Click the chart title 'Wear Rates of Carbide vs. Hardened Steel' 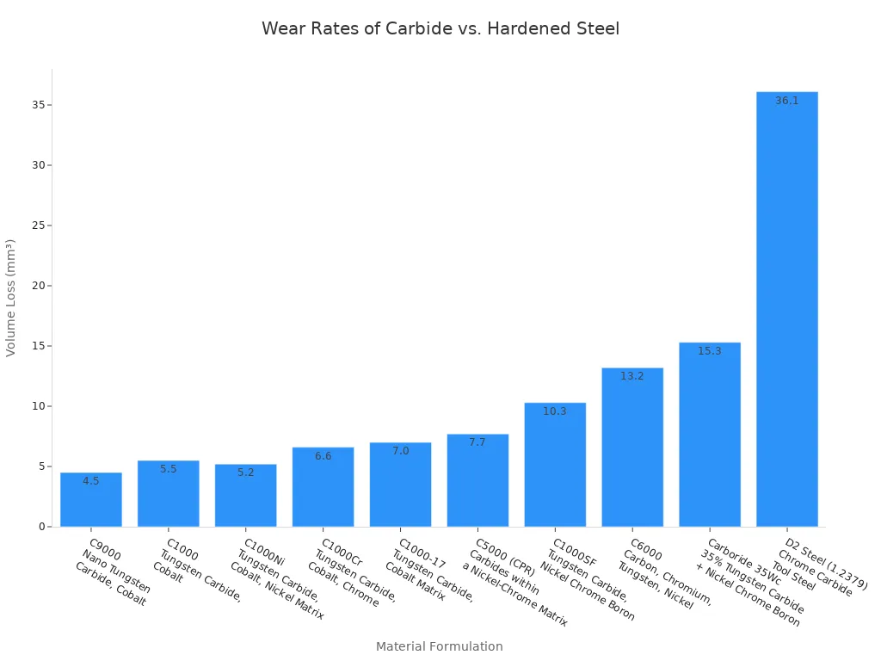[440, 28]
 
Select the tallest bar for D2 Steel [787, 310]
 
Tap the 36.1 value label [787, 101]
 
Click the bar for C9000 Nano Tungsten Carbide [91, 503]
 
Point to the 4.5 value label [91, 481]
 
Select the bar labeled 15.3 [710, 439]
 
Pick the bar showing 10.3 [555, 469]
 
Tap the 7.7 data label [477, 442]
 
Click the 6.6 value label [323, 456]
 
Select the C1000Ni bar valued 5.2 [246, 499]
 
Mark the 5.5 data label [169, 469]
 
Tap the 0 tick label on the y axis [40, 527]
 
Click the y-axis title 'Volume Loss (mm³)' [11, 298]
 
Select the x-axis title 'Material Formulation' [439, 646]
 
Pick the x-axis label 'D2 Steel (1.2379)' [826, 565]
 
